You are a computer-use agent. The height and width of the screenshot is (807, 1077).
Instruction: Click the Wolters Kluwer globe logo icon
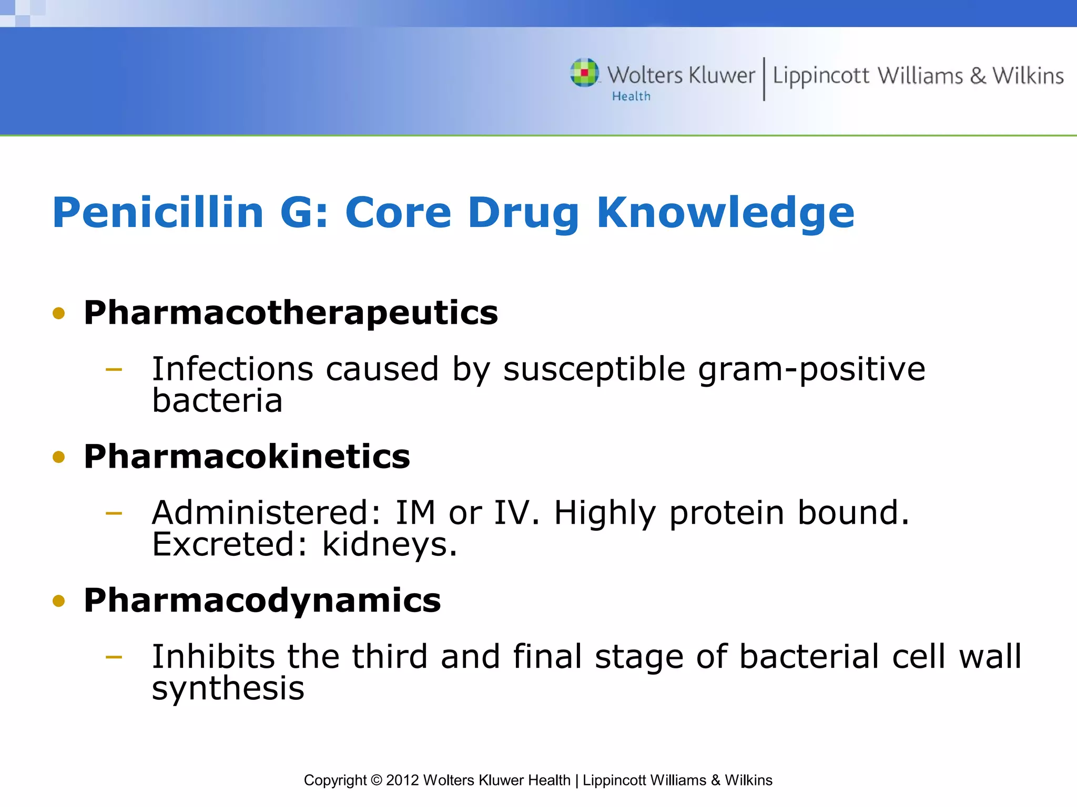click(584, 73)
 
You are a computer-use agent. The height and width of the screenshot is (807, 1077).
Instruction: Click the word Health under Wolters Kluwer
click(631, 97)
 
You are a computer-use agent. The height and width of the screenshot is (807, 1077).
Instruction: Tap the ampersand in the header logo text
click(978, 76)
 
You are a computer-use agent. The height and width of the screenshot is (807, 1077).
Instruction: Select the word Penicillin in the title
click(158, 213)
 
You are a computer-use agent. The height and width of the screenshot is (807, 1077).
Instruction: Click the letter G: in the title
click(304, 213)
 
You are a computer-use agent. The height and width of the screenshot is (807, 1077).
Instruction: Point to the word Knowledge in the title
click(726, 213)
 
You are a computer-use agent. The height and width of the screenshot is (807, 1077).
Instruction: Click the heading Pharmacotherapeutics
click(290, 313)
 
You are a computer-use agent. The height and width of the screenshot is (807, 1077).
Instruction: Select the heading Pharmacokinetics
click(247, 457)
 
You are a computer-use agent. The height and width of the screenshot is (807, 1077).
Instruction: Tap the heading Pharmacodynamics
click(262, 601)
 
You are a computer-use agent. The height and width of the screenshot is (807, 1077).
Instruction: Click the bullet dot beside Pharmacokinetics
click(59, 457)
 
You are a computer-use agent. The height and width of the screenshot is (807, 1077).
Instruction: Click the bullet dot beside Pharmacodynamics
click(59, 601)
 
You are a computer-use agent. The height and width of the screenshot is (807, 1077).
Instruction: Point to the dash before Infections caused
click(114, 370)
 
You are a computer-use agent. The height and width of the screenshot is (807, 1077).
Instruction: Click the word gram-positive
click(811, 369)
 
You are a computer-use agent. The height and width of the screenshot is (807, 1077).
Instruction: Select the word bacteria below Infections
click(217, 401)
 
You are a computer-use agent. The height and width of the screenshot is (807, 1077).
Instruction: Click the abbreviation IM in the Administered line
click(415, 513)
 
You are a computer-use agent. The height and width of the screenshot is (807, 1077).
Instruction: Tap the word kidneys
click(389, 545)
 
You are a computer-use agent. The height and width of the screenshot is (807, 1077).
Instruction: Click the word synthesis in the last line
click(228, 688)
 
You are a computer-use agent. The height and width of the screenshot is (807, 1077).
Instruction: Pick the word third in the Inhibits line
click(390, 657)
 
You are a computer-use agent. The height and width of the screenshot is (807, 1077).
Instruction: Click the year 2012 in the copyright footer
click(402, 780)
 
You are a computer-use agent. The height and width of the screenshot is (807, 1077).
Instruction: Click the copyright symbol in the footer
click(376, 780)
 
